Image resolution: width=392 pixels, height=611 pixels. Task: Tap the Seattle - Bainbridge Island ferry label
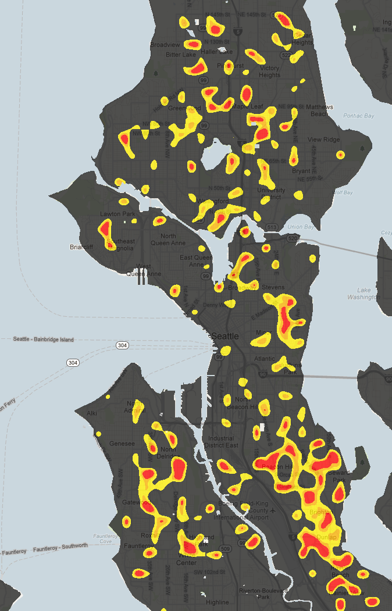pos(44,340)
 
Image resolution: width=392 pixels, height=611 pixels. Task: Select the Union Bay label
pos(300,226)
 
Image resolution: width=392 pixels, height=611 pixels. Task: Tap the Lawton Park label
pos(117,214)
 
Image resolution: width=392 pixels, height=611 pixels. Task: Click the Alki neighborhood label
pos(92,413)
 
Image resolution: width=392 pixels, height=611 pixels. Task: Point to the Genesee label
pos(122,444)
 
